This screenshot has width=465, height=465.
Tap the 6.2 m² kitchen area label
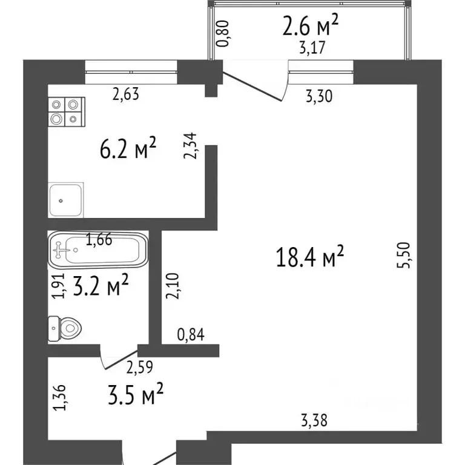pyautogui.click(x=128, y=148)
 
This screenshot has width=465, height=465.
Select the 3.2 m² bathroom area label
pyautogui.click(x=100, y=286)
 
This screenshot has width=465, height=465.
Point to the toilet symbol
pyautogui.click(x=65, y=329)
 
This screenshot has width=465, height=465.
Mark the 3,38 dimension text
pyautogui.click(x=314, y=420)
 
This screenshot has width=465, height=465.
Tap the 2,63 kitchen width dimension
pyautogui.click(x=127, y=94)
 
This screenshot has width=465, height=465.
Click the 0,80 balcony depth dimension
pyautogui.click(x=223, y=34)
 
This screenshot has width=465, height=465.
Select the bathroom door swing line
pyautogui.click(x=119, y=360)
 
